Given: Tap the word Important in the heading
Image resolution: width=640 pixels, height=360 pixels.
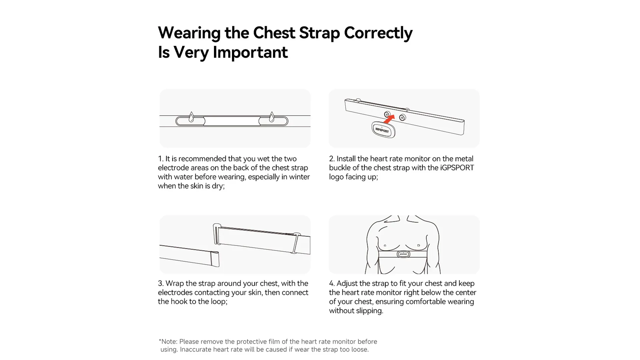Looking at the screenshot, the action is click(250, 52).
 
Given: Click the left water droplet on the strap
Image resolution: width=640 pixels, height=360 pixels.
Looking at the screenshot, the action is click(191, 117).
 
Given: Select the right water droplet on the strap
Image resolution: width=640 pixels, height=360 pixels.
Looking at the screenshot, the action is click(272, 117).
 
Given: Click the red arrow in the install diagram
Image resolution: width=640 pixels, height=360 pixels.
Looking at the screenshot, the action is click(389, 119).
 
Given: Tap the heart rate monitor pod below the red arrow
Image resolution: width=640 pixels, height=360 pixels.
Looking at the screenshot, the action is click(383, 129).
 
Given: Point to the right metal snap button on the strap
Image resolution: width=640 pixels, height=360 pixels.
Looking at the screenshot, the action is click(402, 117).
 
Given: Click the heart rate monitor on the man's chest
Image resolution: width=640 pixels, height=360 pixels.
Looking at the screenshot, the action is click(403, 254).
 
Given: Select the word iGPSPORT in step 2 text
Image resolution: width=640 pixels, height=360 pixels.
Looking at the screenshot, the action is click(457, 168).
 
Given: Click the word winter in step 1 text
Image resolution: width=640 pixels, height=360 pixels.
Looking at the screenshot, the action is click(299, 177).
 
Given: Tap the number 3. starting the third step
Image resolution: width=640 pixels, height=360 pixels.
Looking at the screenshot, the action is click(161, 283).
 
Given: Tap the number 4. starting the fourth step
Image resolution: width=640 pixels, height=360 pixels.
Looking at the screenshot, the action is click(332, 283).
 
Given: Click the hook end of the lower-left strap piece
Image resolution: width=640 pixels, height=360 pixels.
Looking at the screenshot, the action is click(215, 259).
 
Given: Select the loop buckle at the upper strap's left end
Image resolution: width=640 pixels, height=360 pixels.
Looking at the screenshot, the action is click(217, 234).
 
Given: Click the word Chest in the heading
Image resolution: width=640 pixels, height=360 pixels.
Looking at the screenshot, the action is click(274, 33).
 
